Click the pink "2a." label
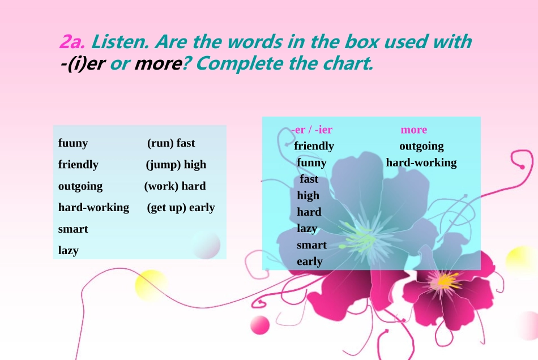(x=72, y=42)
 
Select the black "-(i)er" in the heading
(x=82, y=64)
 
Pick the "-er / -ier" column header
(x=312, y=130)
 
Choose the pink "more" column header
(x=414, y=130)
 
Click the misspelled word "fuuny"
(x=73, y=143)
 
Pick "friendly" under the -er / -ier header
(x=314, y=146)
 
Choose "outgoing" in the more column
(x=421, y=146)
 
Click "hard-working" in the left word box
(x=93, y=207)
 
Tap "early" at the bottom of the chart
(x=310, y=262)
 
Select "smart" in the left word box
(x=73, y=229)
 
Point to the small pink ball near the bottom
(x=260, y=325)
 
